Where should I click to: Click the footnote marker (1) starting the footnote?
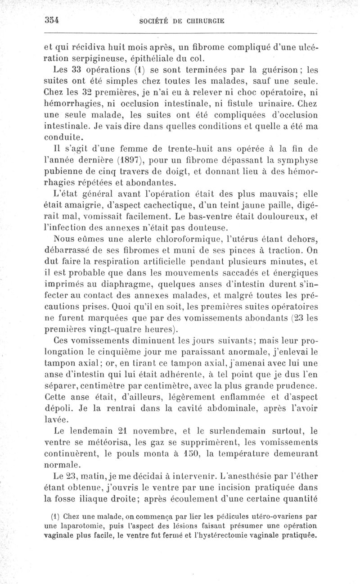[55, 516]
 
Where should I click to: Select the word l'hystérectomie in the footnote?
[229, 536]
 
